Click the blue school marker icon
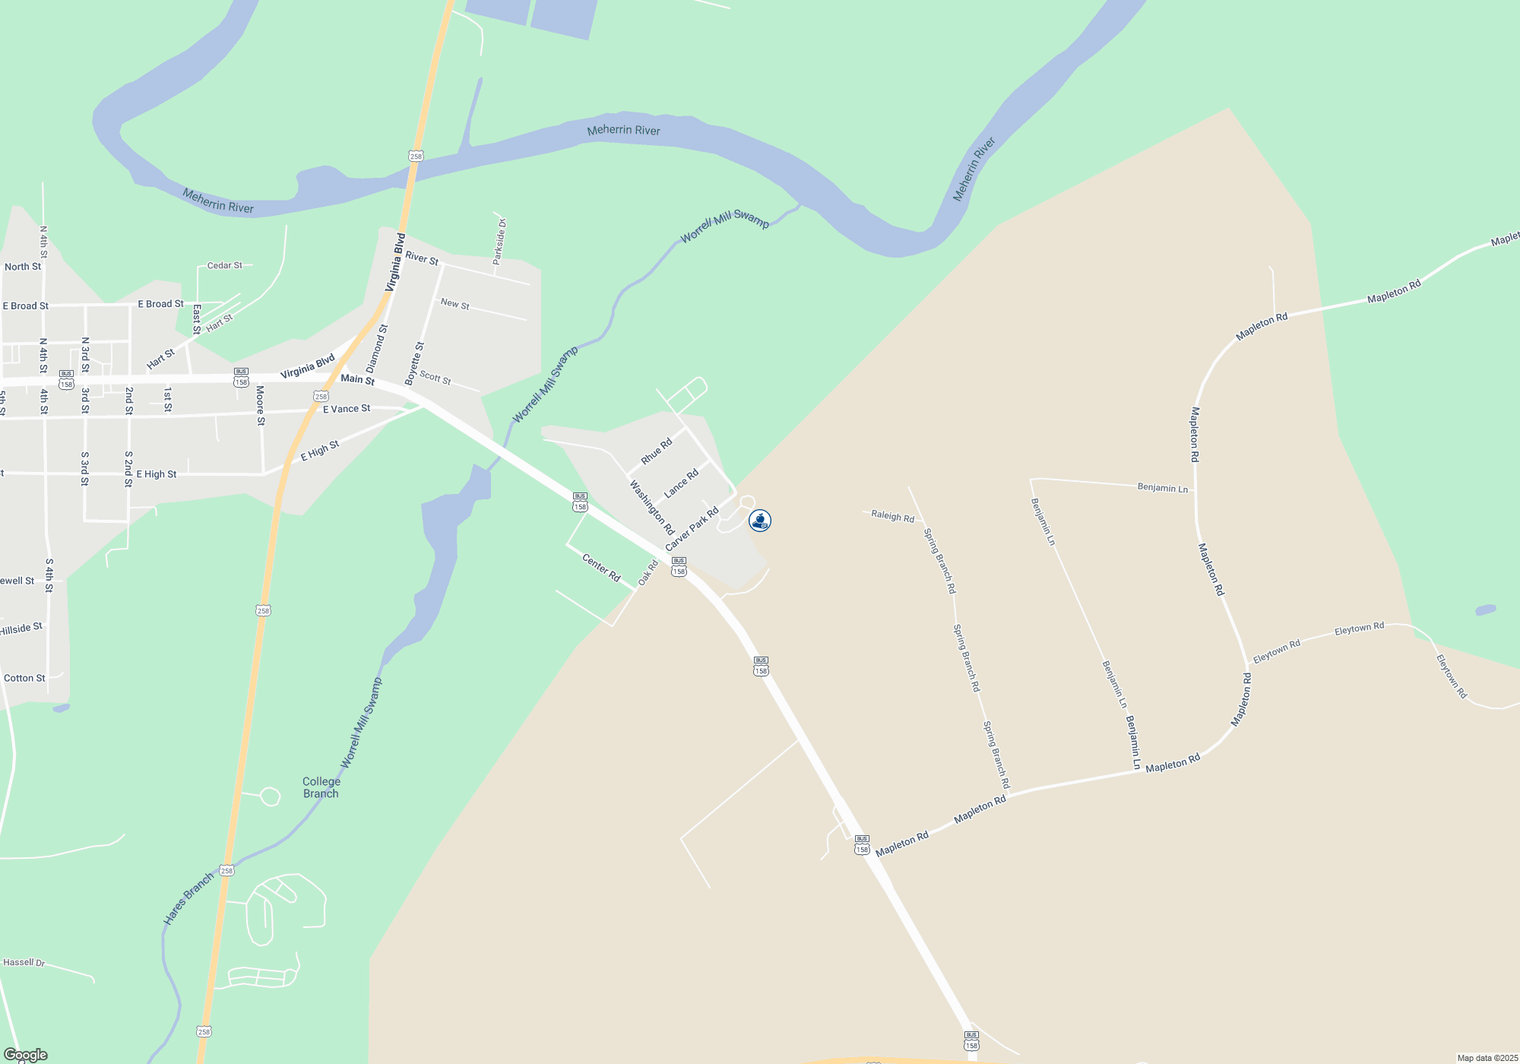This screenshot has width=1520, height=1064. point(760,521)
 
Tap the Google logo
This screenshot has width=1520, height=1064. point(26,1054)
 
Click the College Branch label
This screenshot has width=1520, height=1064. point(321,787)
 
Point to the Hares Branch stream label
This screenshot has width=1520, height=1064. point(188,899)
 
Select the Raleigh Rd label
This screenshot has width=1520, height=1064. point(892,517)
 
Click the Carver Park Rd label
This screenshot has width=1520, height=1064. point(692,530)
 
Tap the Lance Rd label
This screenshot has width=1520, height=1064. point(681,484)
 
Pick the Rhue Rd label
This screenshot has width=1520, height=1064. point(657,451)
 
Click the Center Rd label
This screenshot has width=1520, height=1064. point(601,568)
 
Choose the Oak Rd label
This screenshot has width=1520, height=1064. point(648,573)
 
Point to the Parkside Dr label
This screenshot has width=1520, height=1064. point(499,242)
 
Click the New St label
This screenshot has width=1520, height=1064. point(455,304)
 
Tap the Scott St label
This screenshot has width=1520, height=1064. point(435,378)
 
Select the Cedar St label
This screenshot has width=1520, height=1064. point(225,265)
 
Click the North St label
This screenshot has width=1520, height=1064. point(23,267)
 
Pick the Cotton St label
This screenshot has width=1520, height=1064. point(24,678)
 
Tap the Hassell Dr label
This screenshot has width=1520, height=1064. point(24,962)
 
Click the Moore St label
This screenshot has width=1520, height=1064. point(260,405)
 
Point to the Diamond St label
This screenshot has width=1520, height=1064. point(377,348)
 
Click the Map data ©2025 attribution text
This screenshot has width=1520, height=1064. point(1487,1058)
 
